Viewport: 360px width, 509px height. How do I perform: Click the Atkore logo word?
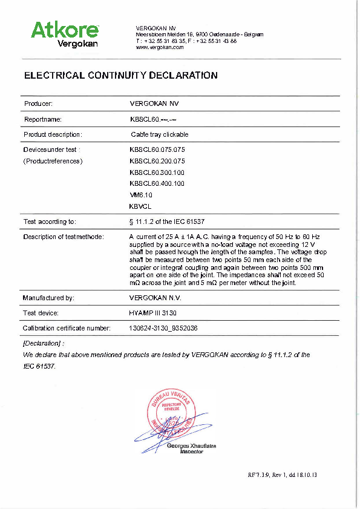64,29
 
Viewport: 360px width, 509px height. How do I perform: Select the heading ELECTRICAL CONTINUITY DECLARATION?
120,76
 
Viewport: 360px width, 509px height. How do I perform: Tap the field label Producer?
38,103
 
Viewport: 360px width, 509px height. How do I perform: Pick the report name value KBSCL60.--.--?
152,119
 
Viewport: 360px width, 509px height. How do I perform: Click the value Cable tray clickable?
160,134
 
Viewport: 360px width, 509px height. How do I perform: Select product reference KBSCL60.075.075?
157,149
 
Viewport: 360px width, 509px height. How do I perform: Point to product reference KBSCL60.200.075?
157,161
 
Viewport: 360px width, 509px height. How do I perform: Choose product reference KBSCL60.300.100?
157,172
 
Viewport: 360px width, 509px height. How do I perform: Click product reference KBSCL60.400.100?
157,183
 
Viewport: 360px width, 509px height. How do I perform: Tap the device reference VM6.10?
141,195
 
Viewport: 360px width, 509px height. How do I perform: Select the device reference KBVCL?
140,206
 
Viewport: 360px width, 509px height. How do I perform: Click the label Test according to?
50,222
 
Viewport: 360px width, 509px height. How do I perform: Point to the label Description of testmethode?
64,236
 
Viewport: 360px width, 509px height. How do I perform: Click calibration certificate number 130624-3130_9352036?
164,328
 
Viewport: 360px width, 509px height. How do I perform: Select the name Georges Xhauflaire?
191,446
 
